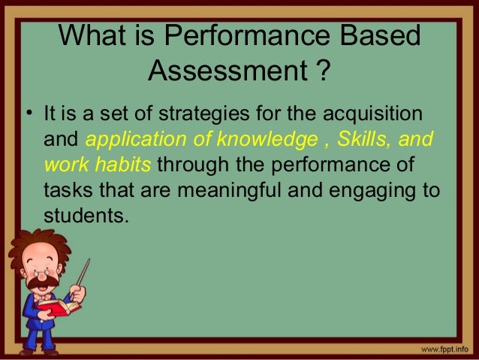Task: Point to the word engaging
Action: (366, 189)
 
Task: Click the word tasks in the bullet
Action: (65, 189)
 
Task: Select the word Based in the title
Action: (383, 38)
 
